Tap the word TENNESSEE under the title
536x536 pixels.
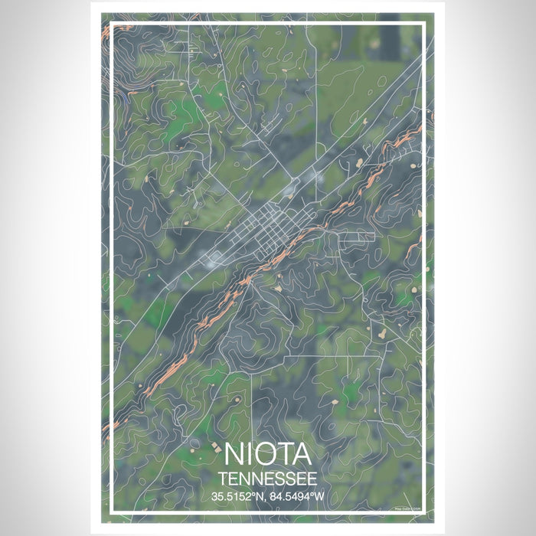[x=268, y=478]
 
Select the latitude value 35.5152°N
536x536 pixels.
[x=237, y=495]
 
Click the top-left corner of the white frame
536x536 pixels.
[x=113, y=25]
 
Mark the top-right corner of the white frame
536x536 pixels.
[x=423, y=25]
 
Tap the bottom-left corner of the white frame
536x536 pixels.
[x=113, y=511]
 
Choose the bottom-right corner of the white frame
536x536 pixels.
[x=423, y=511]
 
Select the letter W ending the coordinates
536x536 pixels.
[x=325, y=495]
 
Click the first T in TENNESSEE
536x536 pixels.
[x=221, y=478]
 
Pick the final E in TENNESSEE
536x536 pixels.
[x=314, y=478]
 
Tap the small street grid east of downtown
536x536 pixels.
[x=356, y=238]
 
